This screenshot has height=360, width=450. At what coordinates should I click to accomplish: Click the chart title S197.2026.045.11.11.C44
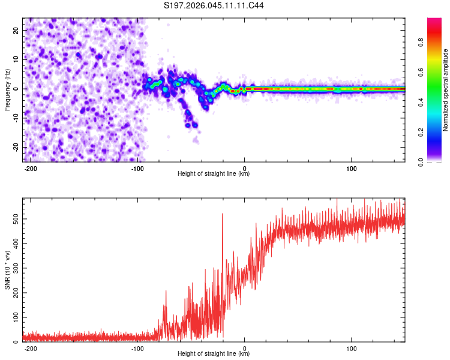click(214, 6)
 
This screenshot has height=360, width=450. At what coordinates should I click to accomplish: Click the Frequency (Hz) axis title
click(7, 89)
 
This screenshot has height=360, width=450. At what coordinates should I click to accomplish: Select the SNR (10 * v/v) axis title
click(7, 269)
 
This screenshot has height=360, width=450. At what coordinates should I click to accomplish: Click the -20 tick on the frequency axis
click(16, 147)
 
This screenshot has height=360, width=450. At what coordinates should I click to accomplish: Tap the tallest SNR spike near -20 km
click(223, 214)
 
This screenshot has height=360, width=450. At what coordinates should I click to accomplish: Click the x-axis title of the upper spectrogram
click(214, 174)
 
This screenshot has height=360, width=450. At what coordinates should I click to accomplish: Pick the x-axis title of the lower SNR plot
click(214, 354)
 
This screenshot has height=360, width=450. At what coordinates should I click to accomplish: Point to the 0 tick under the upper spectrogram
click(245, 167)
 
